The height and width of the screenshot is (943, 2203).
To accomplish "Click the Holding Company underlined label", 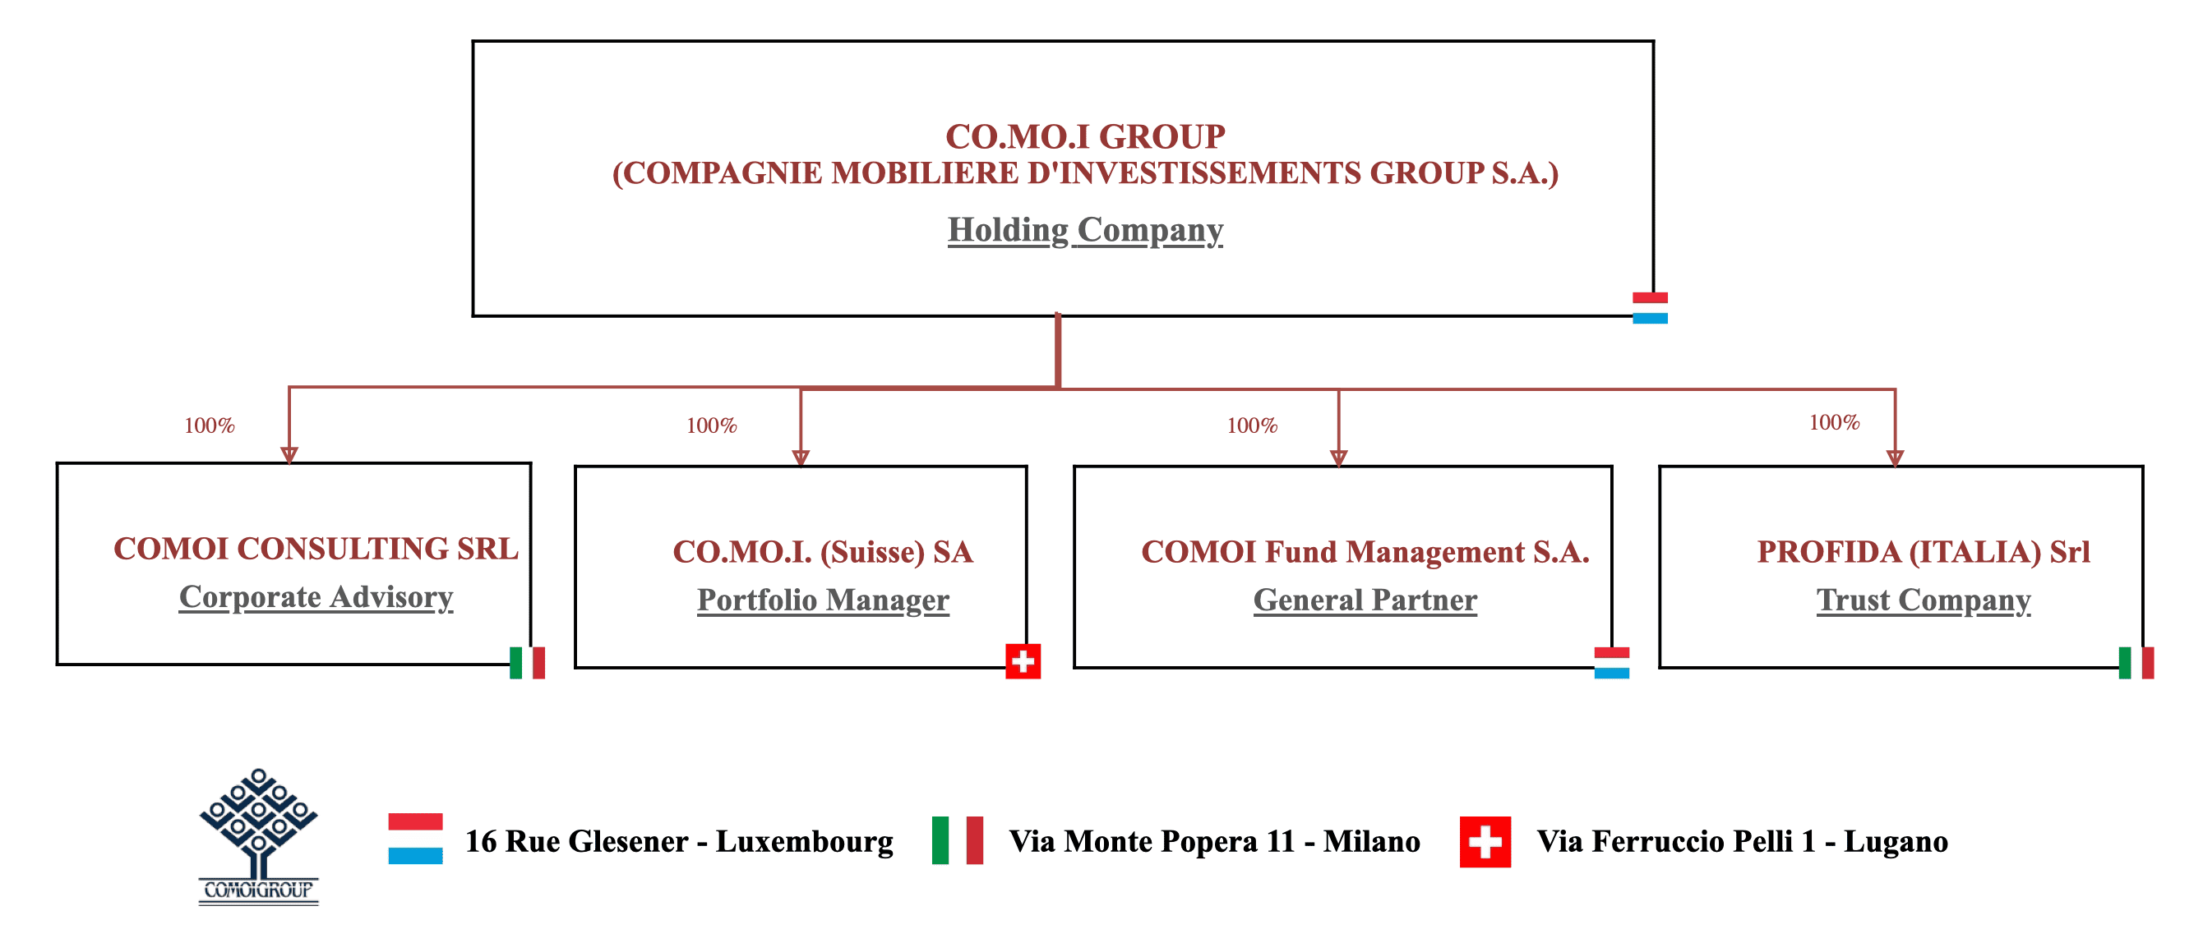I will coord(1084,230).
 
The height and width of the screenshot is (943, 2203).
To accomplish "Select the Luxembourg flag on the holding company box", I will coord(1649,308).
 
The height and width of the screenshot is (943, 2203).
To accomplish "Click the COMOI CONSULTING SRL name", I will coord(316,549).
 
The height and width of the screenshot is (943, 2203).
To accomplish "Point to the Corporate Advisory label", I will coord(316,596).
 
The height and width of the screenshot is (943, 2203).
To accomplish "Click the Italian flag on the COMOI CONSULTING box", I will coord(527,663).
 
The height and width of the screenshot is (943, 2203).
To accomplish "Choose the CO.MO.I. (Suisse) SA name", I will coord(822,552).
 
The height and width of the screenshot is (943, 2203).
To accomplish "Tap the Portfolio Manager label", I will coord(822,600).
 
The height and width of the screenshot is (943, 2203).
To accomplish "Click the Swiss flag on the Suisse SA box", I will coord(1022,661).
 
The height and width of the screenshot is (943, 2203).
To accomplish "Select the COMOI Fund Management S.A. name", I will coord(1364,552).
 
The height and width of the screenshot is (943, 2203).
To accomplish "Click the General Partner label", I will coord(1364,600).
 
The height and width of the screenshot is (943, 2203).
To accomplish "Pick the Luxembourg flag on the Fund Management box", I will coord(1611,663).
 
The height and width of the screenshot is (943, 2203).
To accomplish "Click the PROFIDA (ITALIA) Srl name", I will coord(1923,552).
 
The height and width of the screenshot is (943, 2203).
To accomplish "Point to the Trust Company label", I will coord(1923,600).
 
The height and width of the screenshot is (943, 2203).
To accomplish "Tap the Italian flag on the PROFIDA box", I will coord(2136,663).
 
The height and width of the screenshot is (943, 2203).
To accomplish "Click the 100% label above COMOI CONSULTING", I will coord(209,425).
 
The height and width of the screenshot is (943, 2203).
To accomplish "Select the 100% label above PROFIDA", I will coord(1834,422).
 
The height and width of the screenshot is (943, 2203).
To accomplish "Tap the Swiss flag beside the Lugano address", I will coord(1484,842).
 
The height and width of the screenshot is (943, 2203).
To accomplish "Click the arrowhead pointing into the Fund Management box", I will coord(1338,458).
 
